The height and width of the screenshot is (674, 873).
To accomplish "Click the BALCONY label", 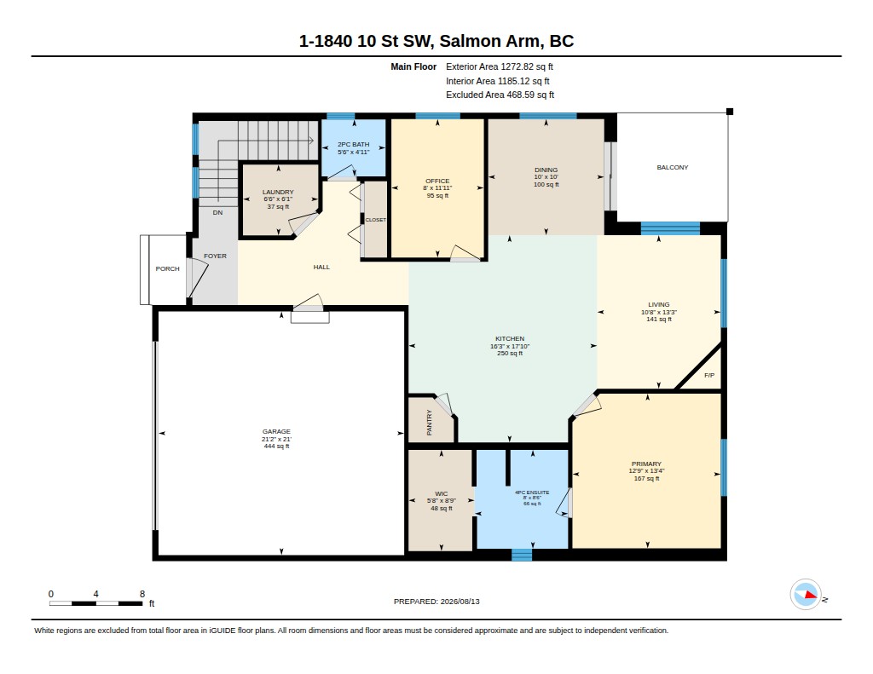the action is (672, 168).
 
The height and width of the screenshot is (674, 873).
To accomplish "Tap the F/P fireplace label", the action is (709, 376).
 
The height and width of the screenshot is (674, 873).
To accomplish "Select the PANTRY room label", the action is (430, 423).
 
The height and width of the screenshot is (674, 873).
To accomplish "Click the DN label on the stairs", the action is (217, 213).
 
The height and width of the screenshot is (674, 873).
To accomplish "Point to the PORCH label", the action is (168, 268).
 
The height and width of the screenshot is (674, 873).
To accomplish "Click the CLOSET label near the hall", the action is (376, 220).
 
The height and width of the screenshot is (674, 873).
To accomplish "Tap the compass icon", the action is (806, 595).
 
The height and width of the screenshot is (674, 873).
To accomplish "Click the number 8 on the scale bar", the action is (142, 595).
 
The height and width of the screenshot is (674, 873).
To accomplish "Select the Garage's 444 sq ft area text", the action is (277, 446).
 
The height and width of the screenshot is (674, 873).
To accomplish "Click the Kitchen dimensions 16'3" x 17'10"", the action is (510, 346).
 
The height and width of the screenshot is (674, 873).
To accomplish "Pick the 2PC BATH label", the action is (354, 145).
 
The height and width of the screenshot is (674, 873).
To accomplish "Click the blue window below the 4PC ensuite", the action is (522, 555).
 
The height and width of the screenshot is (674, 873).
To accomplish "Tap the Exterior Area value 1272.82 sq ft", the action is (527, 66).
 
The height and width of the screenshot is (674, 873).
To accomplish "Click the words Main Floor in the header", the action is (413, 66).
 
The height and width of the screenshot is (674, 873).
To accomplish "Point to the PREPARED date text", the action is (436, 602).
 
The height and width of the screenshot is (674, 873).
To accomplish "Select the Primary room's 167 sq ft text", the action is (646, 479).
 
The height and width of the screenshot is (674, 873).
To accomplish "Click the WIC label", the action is (442, 493).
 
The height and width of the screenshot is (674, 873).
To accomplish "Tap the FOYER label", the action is (216, 256).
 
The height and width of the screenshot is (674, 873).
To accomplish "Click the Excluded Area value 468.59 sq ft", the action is (530, 95).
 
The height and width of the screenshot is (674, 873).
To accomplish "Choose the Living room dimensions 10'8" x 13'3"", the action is (659, 312).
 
